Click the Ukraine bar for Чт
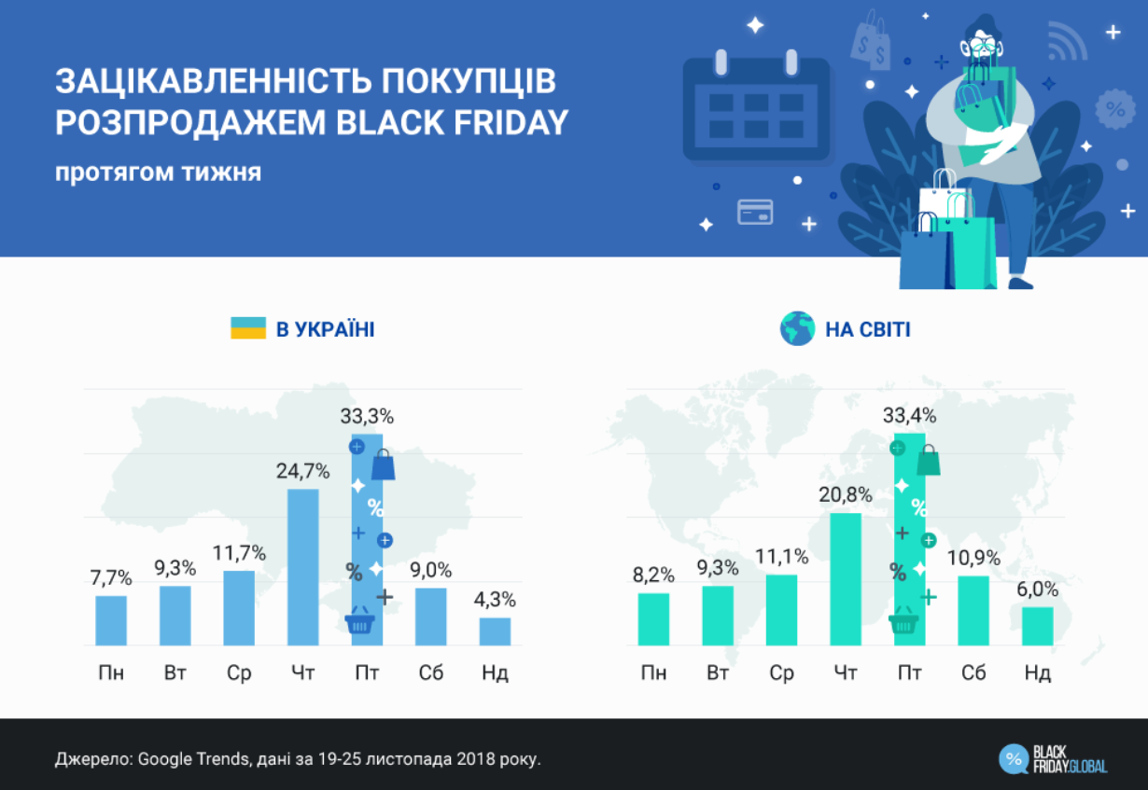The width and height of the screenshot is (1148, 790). (x=302, y=567)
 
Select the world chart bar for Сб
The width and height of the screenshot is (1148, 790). (x=973, y=610)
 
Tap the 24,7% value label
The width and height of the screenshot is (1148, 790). (x=302, y=472)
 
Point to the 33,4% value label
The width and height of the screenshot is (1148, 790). (x=909, y=416)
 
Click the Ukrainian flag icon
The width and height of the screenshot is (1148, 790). (x=248, y=328)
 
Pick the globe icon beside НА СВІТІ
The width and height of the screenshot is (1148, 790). (x=796, y=328)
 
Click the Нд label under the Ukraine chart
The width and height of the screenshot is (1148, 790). (x=495, y=672)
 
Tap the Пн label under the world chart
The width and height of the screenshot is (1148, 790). (x=653, y=672)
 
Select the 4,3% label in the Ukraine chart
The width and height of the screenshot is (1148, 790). (x=495, y=600)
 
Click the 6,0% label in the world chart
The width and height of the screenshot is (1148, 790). (x=1038, y=589)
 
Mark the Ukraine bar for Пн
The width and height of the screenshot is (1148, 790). (x=111, y=620)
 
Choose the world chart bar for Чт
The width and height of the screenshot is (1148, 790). (x=846, y=578)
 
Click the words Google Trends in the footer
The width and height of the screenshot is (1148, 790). (x=192, y=758)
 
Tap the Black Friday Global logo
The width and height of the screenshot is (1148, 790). (x=1053, y=758)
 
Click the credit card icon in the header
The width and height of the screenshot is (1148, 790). (x=755, y=212)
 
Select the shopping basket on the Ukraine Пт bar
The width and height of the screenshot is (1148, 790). (x=360, y=622)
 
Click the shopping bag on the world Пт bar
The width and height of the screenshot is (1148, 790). (x=928, y=460)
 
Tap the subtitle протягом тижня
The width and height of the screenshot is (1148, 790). (x=158, y=173)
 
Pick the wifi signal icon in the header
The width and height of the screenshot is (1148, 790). (x=1067, y=42)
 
